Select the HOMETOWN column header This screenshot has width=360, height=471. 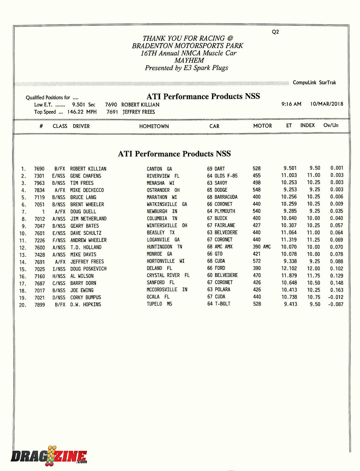pyautogui.click(x=154, y=126)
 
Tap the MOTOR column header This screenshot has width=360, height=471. pyautogui.click(x=262, y=126)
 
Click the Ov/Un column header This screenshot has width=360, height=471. pyautogui.click(x=331, y=125)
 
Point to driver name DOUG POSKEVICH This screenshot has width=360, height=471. pyautogui.click(x=88, y=269)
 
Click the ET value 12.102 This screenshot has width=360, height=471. pyautogui.click(x=289, y=268)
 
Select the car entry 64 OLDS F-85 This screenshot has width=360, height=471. pyautogui.click(x=222, y=176)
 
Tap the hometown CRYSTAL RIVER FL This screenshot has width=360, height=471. pyautogui.click(x=168, y=275)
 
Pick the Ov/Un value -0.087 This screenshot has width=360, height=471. pyautogui.click(x=335, y=304)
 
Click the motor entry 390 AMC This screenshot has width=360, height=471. pyautogui.click(x=262, y=247)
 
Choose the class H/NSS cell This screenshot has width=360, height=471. pyautogui.click(x=59, y=276)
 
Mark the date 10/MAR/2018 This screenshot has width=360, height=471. pyautogui.click(x=327, y=104)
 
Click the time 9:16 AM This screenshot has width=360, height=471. pyautogui.click(x=291, y=104)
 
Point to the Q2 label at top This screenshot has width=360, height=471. pyautogui.click(x=275, y=32)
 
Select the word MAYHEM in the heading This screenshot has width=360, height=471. pyautogui.click(x=189, y=60)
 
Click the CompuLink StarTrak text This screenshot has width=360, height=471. pyautogui.click(x=314, y=83)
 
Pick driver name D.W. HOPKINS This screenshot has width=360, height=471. pyautogui.click(x=85, y=304)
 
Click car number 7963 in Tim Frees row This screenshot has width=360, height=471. pyautogui.click(x=39, y=183)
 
